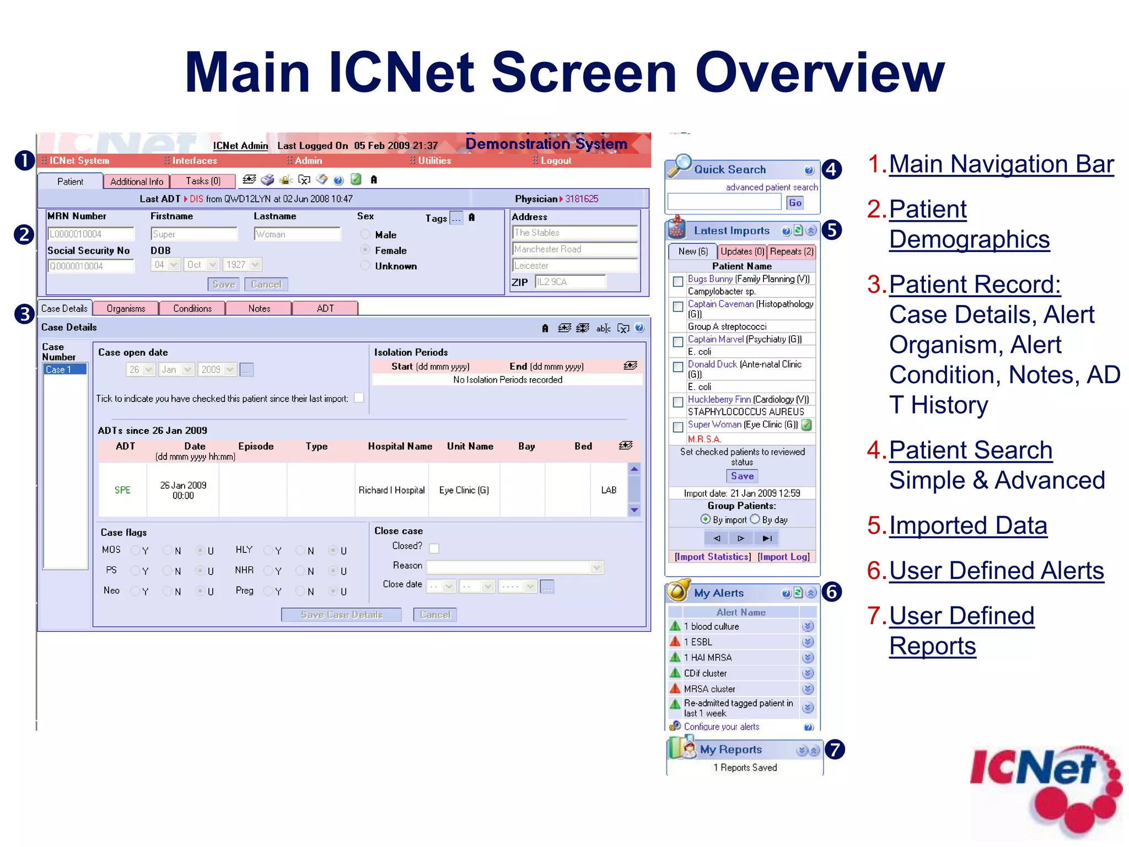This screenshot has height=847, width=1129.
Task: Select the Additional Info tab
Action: pos(136,181)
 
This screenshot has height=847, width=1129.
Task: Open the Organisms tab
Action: pos(126,308)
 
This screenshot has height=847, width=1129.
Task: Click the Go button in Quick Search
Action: pos(794,203)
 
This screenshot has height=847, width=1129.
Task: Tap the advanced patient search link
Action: pos(771,187)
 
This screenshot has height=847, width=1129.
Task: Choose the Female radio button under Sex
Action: pos(365,250)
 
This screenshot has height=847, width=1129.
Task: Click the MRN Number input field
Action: pos(91,234)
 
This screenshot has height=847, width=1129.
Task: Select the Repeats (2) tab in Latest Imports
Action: pos(791,251)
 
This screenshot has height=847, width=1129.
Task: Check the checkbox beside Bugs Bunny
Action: pos(678,281)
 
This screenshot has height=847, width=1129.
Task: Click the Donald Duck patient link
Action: pos(712,364)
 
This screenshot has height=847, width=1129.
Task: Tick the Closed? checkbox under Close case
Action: pos(434,548)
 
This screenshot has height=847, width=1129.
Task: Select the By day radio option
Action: pos(755,519)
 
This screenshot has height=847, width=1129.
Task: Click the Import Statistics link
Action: pos(712,557)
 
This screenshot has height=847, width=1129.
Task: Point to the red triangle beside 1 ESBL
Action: pos(675,641)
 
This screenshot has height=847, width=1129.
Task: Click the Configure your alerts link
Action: pos(721,727)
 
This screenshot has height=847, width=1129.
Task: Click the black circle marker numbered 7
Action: pos(835,749)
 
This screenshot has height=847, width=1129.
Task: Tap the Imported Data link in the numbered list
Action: pos(967,526)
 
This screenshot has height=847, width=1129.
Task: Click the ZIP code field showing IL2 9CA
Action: pos(570,282)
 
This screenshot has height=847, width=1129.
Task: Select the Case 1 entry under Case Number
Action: pos(64,369)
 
